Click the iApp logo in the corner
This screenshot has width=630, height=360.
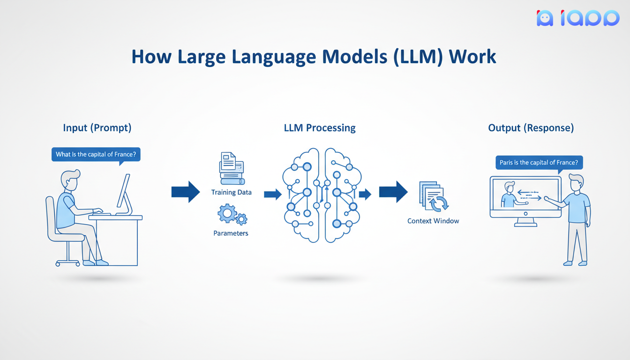tap(577, 18)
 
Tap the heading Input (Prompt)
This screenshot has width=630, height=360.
tap(97, 127)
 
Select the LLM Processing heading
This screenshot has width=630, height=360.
tap(320, 127)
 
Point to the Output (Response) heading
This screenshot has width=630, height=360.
tap(531, 127)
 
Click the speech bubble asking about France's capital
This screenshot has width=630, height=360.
tap(96, 155)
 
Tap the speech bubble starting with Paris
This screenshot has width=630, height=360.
tap(539, 163)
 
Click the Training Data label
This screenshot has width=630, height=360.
tap(231, 192)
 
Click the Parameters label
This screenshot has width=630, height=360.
tap(231, 233)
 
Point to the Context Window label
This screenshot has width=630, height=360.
tap(433, 221)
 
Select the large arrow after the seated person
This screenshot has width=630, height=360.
tap(186, 192)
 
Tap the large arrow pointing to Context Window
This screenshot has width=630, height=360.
tap(393, 192)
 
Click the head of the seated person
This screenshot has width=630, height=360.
tap(70, 180)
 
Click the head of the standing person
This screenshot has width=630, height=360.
tap(576, 183)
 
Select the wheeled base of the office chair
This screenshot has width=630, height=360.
tap(68, 262)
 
